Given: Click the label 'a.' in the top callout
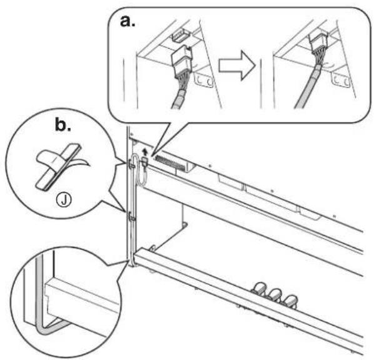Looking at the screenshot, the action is pos(128,22).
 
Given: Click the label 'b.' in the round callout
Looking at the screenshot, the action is pos(63,125).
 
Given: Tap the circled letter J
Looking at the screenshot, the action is pos(64,200).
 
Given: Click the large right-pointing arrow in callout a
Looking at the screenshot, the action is pos(237,65).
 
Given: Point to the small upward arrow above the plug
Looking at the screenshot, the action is pos(144,151).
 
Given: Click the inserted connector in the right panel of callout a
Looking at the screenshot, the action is pos(319,43).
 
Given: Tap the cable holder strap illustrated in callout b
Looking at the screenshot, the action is pos(59,166).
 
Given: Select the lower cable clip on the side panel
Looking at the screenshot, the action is pos(131,217).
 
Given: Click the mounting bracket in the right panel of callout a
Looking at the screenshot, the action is pos(341,79).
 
